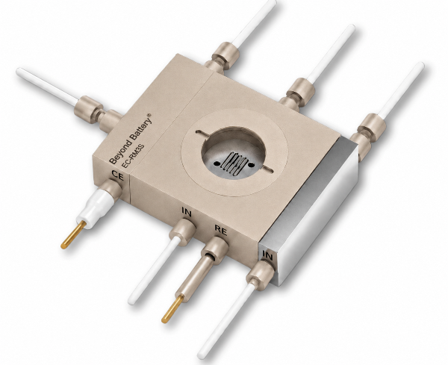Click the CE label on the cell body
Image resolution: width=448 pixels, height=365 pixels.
point(117,175)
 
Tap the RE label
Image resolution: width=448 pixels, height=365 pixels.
point(220,230)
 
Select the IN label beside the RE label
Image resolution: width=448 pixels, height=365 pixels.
point(187,212)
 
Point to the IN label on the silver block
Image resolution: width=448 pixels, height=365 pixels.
point(267,255)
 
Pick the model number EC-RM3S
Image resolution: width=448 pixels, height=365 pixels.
point(133,157)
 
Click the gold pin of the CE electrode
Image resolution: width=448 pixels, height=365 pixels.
point(73,235)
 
